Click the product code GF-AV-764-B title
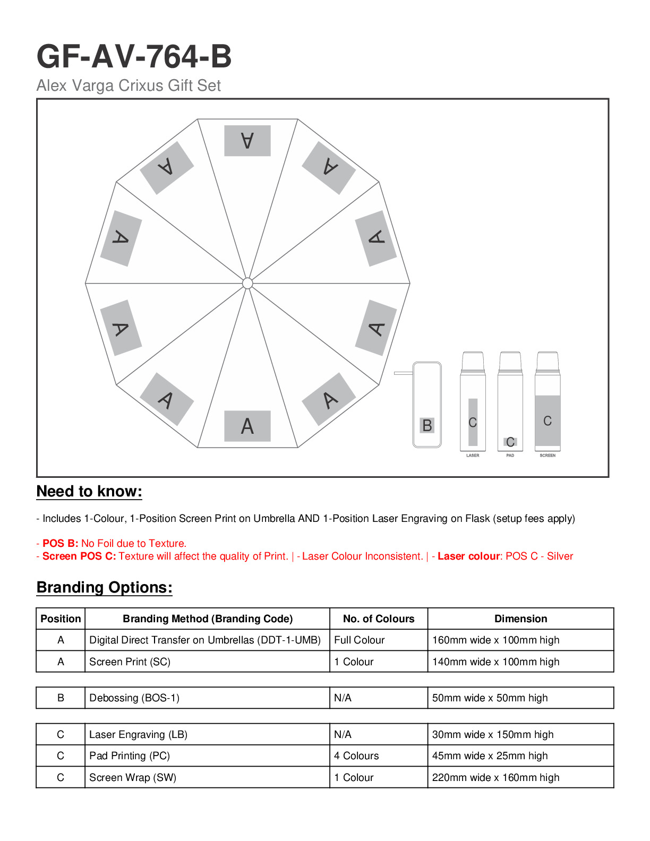point(134,57)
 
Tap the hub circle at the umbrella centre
point(247,284)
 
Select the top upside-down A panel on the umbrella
point(247,141)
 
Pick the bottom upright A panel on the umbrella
point(247,426)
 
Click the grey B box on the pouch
point(427,425)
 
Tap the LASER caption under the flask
point(473,456)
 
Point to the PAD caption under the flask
point(510,456)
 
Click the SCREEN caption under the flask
point(548,456)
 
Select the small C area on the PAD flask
point(510,442)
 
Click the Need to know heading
point(89,492)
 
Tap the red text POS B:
point(61,544)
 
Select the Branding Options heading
point(104,588)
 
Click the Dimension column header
point(520,619)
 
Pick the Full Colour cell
point(360,640)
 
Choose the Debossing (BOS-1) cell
point(134,698)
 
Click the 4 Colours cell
point(356,756)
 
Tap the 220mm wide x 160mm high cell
point(495,778)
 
